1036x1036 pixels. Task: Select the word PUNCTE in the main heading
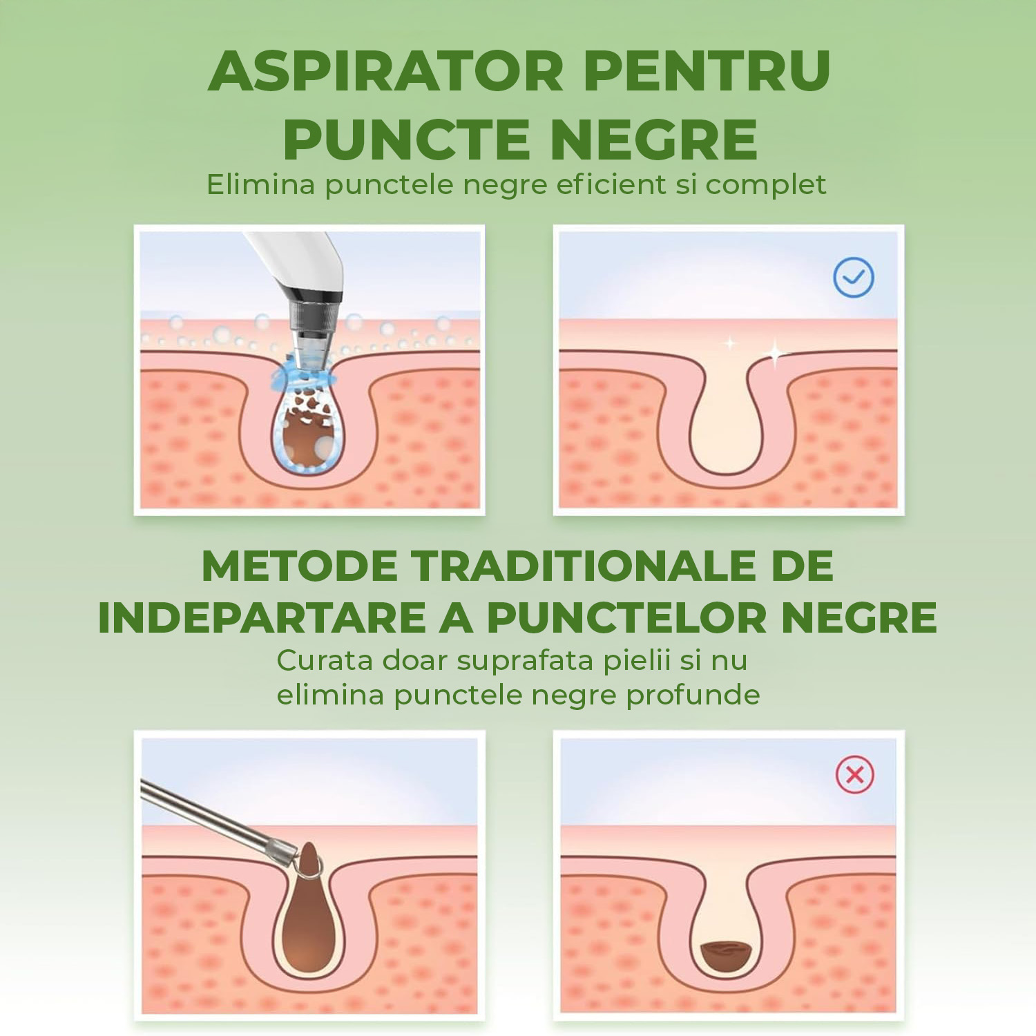[x=406, y=140]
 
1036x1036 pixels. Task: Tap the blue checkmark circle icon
[x=854, y=278]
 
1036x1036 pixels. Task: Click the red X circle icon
[x=855, y=775]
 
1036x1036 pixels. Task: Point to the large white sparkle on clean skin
[x=776, y=354]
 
